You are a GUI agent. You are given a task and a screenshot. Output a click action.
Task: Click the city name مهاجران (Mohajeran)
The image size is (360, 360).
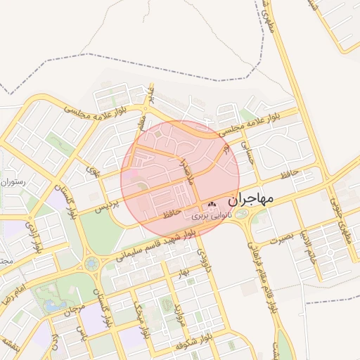click(249, 198)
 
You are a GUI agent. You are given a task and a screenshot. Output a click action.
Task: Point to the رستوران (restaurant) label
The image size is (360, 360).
click(13, 181)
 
